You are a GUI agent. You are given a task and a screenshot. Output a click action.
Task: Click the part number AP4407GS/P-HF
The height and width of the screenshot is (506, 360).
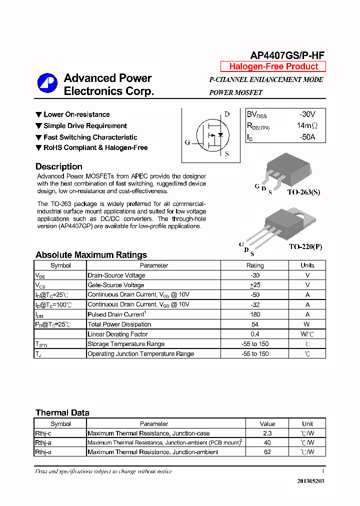[x=287, y=55]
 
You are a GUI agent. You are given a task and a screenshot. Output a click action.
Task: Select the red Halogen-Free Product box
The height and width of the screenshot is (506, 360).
[x=273, y=66]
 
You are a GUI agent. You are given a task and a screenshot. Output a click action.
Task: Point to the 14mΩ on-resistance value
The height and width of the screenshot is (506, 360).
[x=306, y=126]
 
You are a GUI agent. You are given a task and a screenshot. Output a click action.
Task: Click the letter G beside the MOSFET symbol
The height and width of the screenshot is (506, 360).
[x=187, y=142]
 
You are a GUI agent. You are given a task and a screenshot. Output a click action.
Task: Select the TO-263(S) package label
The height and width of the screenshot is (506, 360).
[x=304, y=192]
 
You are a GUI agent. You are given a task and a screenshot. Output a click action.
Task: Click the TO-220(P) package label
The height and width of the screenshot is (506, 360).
[x=305, y=247]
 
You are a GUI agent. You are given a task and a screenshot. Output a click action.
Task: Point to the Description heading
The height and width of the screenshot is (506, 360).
[x=59, y=166]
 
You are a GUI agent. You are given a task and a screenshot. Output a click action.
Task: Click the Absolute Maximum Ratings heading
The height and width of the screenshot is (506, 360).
[x=91, y=255]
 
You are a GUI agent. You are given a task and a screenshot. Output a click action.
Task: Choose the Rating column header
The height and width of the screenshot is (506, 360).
[x=255, y=265]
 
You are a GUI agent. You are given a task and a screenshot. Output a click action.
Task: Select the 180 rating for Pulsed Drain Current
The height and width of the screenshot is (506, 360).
[x=255, y=314]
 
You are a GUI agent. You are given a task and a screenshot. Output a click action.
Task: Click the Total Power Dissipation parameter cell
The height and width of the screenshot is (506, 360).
[x=119, y=324]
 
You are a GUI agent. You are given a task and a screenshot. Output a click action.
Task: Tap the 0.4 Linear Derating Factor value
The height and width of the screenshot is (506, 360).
[x=255, y=334]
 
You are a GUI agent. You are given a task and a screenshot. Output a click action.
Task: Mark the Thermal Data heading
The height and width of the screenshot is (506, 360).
[x=62, y=413]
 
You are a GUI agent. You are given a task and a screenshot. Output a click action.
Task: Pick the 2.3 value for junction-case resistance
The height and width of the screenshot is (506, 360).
[x=267, y=433]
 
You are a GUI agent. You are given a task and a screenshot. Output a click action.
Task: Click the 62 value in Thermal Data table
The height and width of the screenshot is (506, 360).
[x=267, y=452]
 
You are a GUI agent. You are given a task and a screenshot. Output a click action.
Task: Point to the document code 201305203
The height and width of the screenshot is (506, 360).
[x=310, y=480]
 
